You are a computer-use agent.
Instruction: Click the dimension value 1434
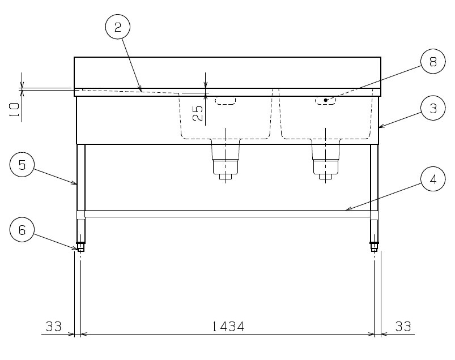(228, 327)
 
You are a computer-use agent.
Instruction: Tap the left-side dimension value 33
(54, 327)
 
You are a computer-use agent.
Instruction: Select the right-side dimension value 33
(403, 327)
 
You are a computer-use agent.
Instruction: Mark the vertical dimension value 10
(15, 110)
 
